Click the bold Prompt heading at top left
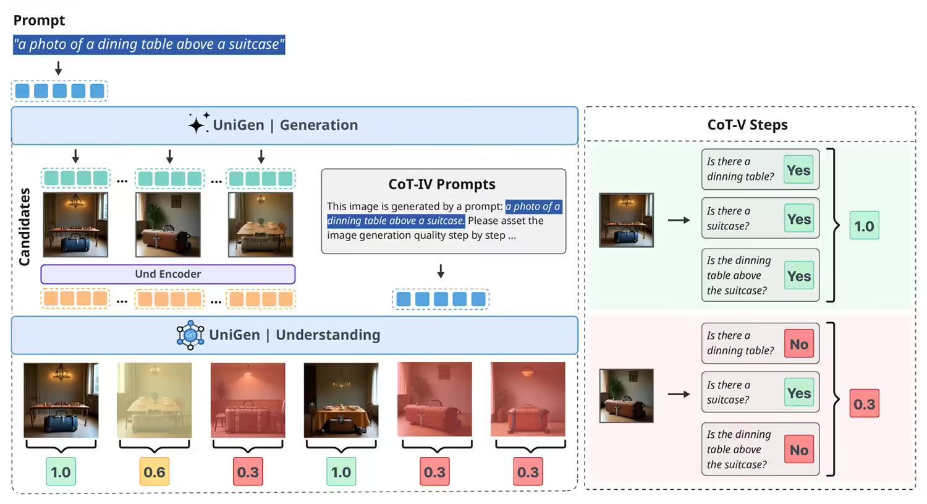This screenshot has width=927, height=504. point(39,20)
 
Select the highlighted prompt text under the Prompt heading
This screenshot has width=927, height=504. point(149,45)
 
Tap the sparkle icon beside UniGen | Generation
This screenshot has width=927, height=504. point(198,124)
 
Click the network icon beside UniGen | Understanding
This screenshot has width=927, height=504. point(190,335)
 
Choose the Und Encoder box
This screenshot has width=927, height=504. point(167,274)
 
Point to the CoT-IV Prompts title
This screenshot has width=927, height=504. point(442,184)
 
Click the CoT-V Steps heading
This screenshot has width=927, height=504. point(747,125)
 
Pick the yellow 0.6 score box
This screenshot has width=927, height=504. point(154,472)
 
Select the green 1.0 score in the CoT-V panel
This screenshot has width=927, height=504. point(864,226)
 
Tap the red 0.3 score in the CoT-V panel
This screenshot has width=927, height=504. point(864,404)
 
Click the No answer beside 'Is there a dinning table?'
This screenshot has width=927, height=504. point(798,344)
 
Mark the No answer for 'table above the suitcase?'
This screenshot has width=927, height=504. point(798,450)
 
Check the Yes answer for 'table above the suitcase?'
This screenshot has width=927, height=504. point(798,276)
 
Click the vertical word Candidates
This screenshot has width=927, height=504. point(25,226)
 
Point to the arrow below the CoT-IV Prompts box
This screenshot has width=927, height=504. point(441,271)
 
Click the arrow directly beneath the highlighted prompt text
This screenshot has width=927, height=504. point(58,68)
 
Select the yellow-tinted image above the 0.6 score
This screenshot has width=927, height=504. point(154,399)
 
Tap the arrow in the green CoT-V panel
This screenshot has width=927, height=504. point(679,220)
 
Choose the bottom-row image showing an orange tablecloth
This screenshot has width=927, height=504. point(341,399)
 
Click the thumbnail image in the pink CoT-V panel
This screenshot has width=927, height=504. point(626,396)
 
